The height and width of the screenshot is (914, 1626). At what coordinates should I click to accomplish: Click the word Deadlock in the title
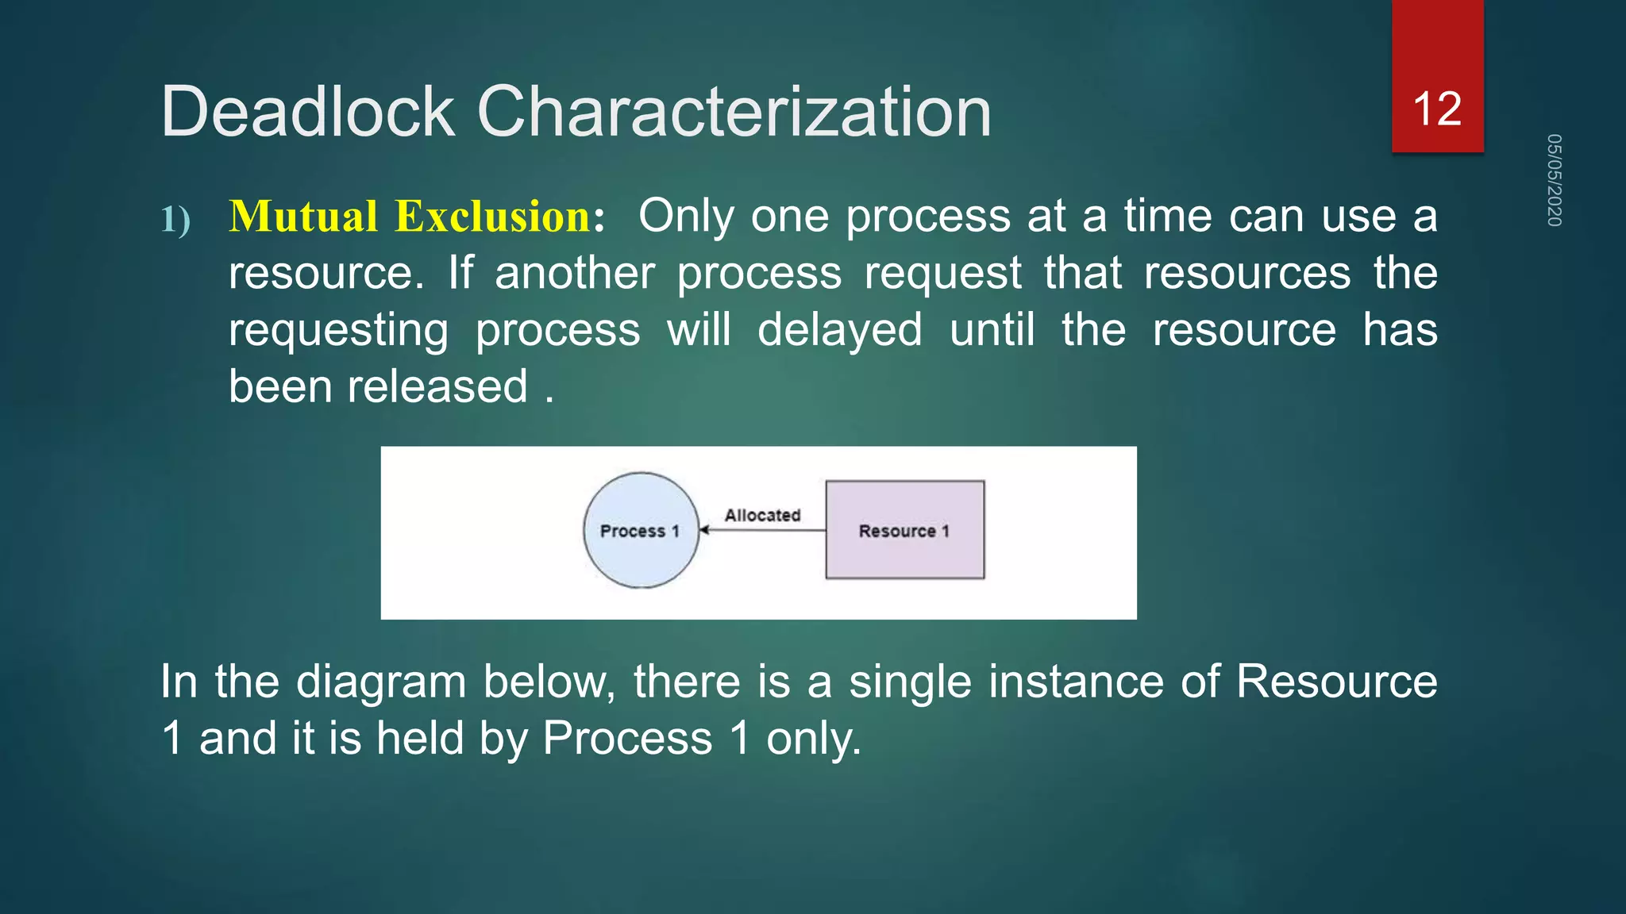pos(308,112)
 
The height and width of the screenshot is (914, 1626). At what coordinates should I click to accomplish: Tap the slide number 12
pos(1437,109)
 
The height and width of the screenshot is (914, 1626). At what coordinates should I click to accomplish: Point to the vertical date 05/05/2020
pos(1554,180)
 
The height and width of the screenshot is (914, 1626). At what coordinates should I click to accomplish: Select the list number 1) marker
pos(175,220)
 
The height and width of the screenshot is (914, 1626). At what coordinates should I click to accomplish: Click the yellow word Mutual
pos(303,217)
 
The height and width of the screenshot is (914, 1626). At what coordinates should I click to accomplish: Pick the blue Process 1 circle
pos(640,531)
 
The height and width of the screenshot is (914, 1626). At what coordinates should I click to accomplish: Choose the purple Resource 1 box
pos(904,530)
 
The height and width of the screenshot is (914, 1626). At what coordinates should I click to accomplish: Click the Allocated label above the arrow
pos(762,515)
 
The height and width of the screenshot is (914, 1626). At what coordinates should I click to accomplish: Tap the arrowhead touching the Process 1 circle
pos(703,530)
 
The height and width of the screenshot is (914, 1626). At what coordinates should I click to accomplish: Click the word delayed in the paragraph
pos(839,330)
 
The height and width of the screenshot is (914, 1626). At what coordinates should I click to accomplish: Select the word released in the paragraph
pos(437,387)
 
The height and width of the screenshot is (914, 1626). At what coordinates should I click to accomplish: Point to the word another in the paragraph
pos(575,274)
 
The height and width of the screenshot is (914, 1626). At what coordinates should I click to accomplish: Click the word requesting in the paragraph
pos(338,330)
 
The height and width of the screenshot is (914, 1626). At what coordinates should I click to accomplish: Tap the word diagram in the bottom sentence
pos(381,682)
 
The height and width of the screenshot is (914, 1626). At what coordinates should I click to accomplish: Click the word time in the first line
pos(1168,217)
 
